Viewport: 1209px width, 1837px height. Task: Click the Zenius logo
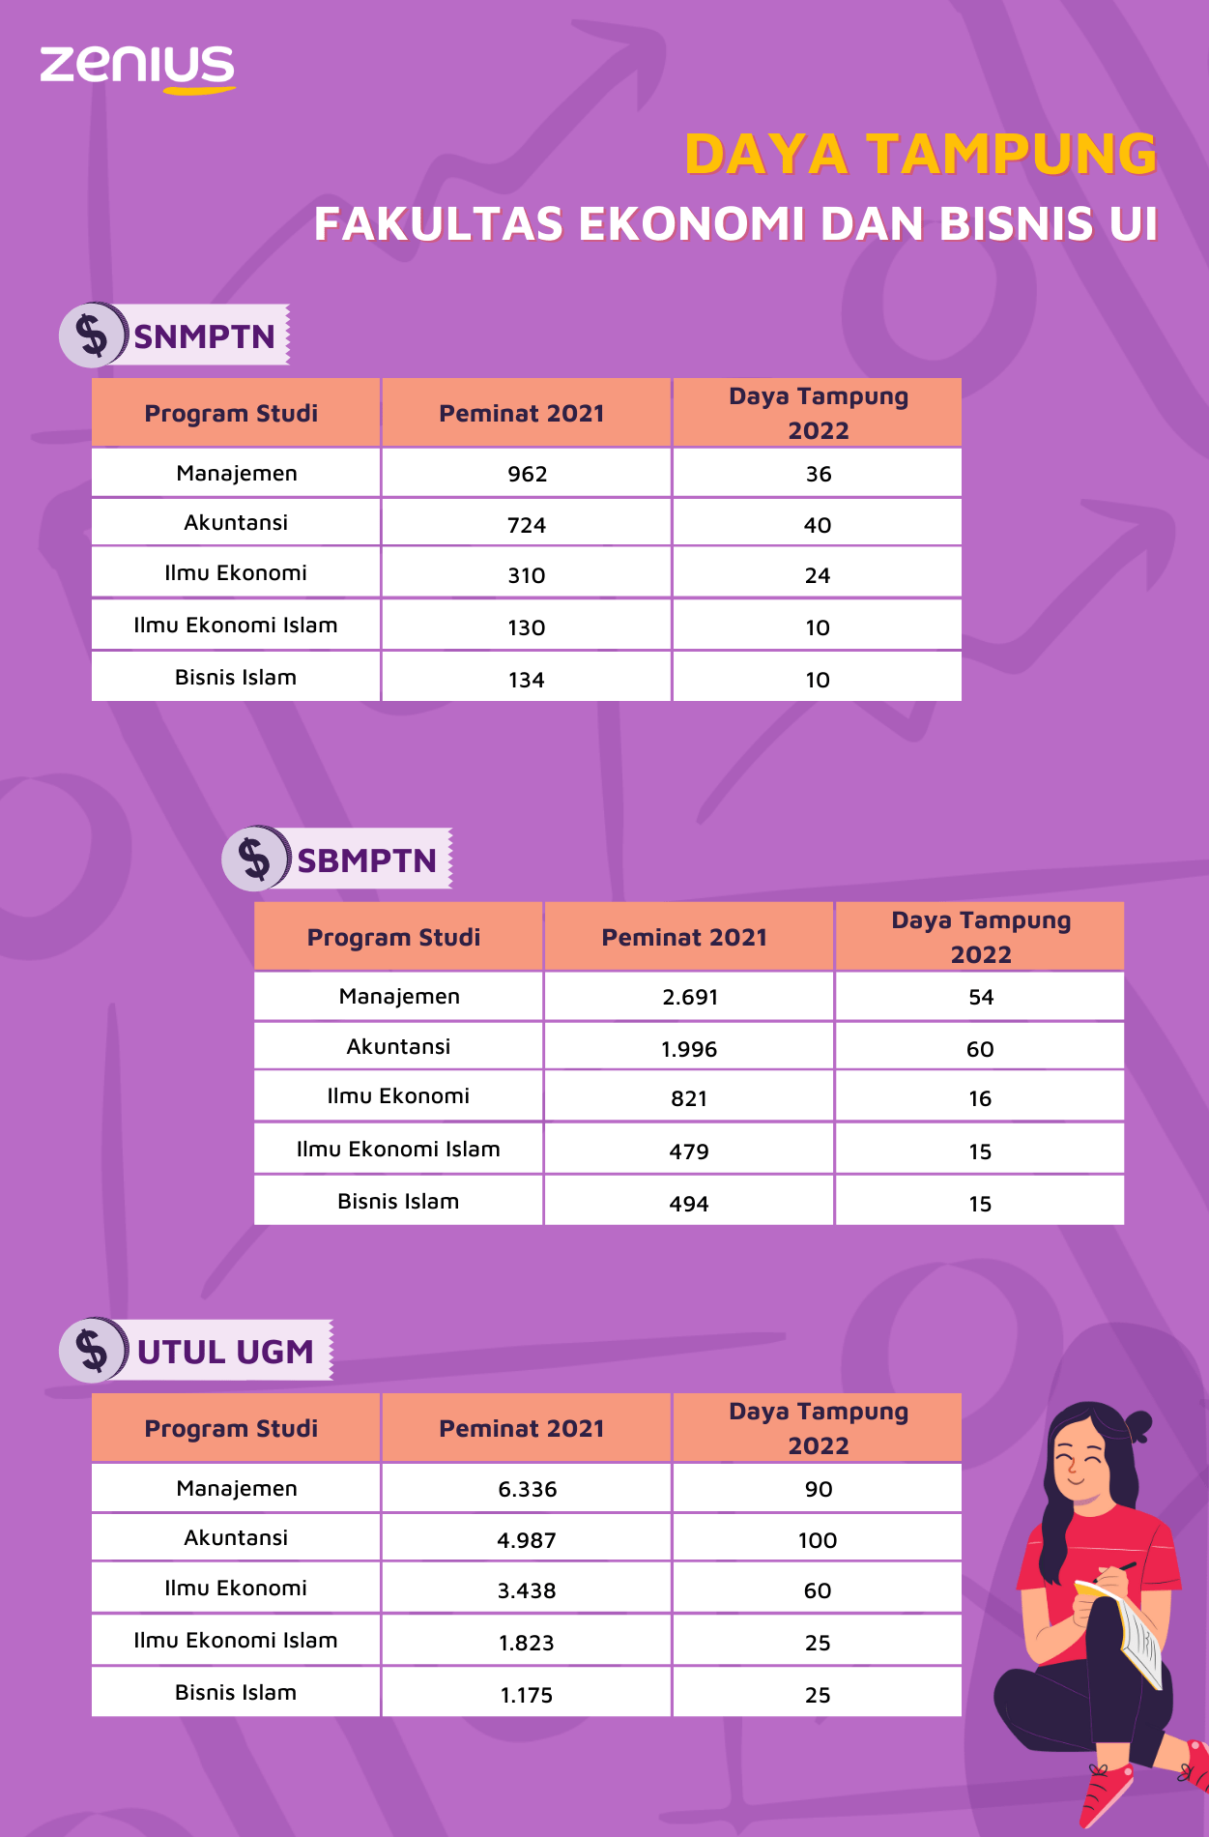pos(137,68)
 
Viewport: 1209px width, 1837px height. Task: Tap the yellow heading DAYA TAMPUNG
pos(920,155)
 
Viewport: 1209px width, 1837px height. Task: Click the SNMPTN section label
pos(204,336)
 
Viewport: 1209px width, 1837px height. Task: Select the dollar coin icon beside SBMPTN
pos(255,859)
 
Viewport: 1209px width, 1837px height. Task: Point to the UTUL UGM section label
pos(225,1351)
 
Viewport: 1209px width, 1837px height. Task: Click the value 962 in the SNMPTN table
pos(527,475)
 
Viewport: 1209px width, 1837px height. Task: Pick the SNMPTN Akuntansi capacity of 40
pos(818,526)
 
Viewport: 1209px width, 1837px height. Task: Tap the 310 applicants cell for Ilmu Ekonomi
pos(527,576)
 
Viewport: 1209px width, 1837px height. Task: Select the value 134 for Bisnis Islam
pos(527,681)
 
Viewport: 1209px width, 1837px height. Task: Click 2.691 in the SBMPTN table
pos(690,998)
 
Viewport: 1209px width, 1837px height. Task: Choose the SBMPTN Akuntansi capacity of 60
pos(980,1050)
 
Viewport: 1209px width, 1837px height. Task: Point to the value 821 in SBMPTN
pos(689,1099)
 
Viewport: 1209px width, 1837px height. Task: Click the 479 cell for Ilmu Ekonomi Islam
pos(689,1152)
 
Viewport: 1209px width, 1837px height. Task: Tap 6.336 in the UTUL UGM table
pos(528,1490)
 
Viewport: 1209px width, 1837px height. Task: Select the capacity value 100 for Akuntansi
pos(818,1541)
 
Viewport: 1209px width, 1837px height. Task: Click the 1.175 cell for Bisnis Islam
pos(527,1696)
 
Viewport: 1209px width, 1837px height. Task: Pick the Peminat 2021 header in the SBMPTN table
pos(684,938)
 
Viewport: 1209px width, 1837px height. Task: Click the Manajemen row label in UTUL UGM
pos(237,1489)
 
